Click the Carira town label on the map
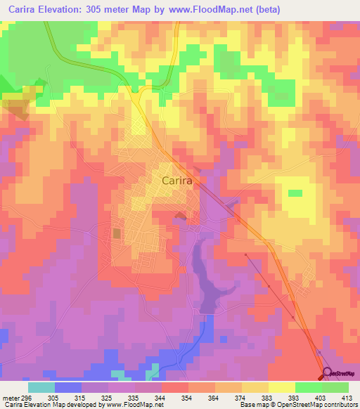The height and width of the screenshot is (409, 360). pyautogui.click(x=178, y=180)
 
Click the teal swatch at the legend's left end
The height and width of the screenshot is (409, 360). pyautogui.click(x=41, y=387)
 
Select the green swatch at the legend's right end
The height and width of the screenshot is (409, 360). pyautogui.click(x=335, y=387)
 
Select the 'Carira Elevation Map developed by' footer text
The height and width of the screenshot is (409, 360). pyautogui.click(x=53, y=405)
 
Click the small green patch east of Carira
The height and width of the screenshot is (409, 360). pyautogui.click(x=295, y=193)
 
